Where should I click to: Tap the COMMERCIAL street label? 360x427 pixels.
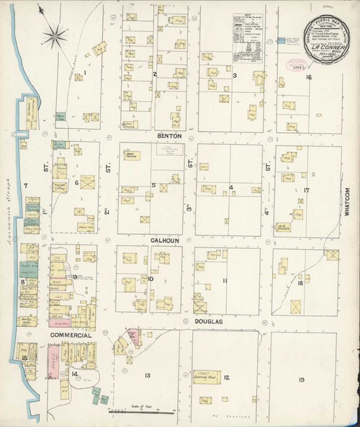click(x=70, y=336)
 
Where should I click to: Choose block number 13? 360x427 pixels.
click(x=147, y=376)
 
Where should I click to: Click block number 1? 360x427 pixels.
click(x=84, y=73)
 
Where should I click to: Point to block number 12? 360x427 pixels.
click(x=225, y=377)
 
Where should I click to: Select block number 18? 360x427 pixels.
click(x=300, y=284)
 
